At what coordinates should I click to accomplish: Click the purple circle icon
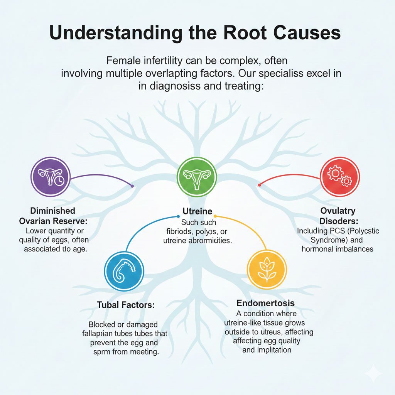pyautogui.click(x=50, y=177)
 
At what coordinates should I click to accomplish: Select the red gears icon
pyautogui.click(x=339, y=177)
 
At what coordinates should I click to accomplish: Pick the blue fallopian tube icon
pyautogui.click(x=124, y=271)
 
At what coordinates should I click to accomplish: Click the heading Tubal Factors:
pyautogui.click(x=126, y=305)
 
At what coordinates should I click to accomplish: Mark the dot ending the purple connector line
pyautogui.click(x=132, y=186)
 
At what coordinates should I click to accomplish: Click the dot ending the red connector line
pyautogui.click(x=259, y=186)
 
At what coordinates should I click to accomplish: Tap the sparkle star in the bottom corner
pyautogui.click(x=374, y=374)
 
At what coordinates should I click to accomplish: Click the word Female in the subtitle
pyautogui.click(x=122, y=61)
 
